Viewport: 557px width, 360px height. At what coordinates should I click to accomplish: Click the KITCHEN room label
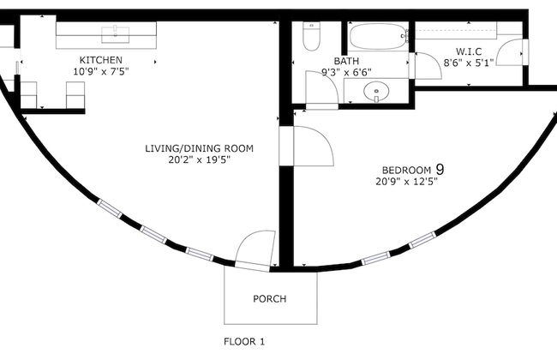101,60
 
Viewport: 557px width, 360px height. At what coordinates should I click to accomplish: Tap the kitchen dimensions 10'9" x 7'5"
101,71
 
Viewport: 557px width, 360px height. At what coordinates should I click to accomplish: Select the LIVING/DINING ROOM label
199,148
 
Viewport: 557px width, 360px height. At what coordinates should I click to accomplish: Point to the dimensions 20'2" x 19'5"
199,159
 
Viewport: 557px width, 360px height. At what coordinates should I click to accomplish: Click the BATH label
346,61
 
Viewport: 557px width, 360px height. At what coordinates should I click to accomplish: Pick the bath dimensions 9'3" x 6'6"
346,72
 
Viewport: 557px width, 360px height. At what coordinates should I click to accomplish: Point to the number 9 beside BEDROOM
440,169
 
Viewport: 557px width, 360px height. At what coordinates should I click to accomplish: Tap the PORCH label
269,299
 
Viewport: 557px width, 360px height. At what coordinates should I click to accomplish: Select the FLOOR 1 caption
244,340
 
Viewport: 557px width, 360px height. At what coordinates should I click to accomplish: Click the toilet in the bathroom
311,38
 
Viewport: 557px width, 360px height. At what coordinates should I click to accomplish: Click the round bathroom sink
375,91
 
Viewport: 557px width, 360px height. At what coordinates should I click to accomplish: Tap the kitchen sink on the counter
113,35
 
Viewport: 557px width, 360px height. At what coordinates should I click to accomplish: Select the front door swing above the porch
255,250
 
